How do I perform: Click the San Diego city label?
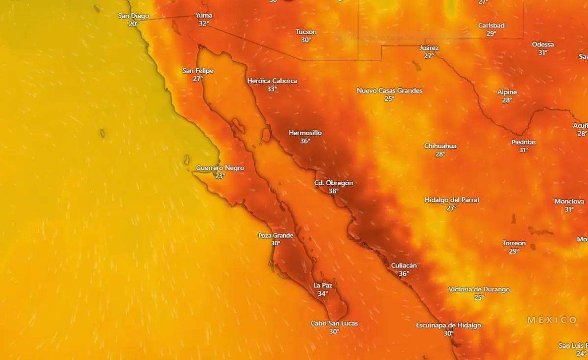pyautogui.click(x=133, y=16)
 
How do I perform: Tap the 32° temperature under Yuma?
pyautogui.click(x=204, y=23)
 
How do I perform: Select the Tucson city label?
pyautogui.click(x=306, y=32)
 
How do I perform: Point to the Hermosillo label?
pyautogui.click(x=305, y=133)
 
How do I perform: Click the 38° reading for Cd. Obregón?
pyautogui.click(x=333, y=191)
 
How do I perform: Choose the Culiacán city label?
pyautogui.click(x=404, y=265)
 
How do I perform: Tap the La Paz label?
pyautogui.click(x=322, y=285)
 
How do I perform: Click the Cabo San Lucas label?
pyautogui.click(x=334, y=323)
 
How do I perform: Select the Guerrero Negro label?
pyautogui.click(x=220, y=168)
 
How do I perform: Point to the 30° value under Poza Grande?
pyautogui.click(x=275, y=243)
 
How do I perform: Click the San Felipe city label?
pyautogui.click(x=198, y=71)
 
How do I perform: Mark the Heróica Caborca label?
pyautogui.click(x=272, y=81)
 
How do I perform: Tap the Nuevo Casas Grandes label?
pyautogui.click(x=390, y=91)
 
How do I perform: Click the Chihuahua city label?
pyautogui.click(x=440, y=146)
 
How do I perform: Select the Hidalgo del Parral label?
pyautogui.click(x=451, y=200)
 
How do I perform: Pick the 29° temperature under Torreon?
pyautogui.click(x=514, y=251)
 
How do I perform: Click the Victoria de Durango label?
pyautogui.click(x=479, y=289)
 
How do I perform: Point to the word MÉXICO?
pyautogui.click(x=552, y=320)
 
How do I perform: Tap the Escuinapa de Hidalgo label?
pyautogui.click(x=448, y=325)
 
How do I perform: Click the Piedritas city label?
pyautogui.click(x=523, y=142)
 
